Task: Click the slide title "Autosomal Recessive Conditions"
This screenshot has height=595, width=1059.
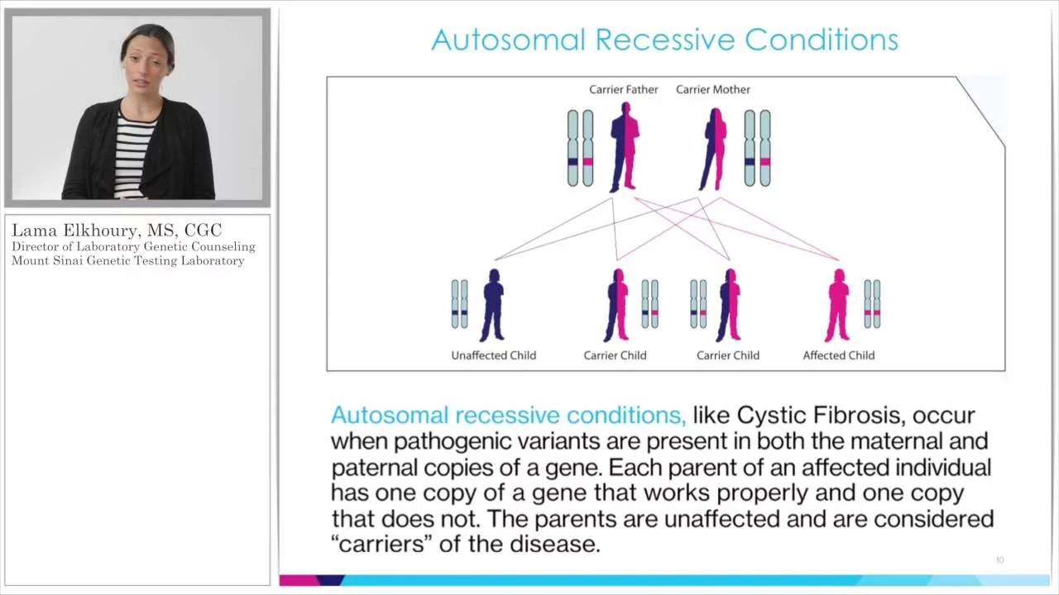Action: [664, 40]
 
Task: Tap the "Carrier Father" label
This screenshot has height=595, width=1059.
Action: [624, 90]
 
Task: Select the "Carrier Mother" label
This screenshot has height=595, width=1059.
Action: [713, 90]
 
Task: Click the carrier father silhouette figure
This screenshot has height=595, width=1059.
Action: [625, 147]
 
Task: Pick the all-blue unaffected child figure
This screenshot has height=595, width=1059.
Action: [492, 305]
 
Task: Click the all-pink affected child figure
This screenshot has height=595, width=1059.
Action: [838, 305]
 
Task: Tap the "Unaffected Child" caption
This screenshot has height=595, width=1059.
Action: [494, 355]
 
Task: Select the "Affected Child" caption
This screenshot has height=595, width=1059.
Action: [839, 355]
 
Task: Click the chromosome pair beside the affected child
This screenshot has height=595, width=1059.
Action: [872, 303]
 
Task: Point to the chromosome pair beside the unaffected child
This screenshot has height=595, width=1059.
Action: [459, 303]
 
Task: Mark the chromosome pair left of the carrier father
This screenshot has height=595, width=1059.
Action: [580, 148]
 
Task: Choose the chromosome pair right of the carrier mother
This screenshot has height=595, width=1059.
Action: [757, 148]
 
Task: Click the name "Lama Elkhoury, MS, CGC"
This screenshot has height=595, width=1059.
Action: [117, 231]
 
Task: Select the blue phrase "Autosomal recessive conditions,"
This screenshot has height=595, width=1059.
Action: [508, 416]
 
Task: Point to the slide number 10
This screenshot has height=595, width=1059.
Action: [999, 560]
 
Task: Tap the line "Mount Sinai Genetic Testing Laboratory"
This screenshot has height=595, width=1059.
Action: [128, 260]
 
